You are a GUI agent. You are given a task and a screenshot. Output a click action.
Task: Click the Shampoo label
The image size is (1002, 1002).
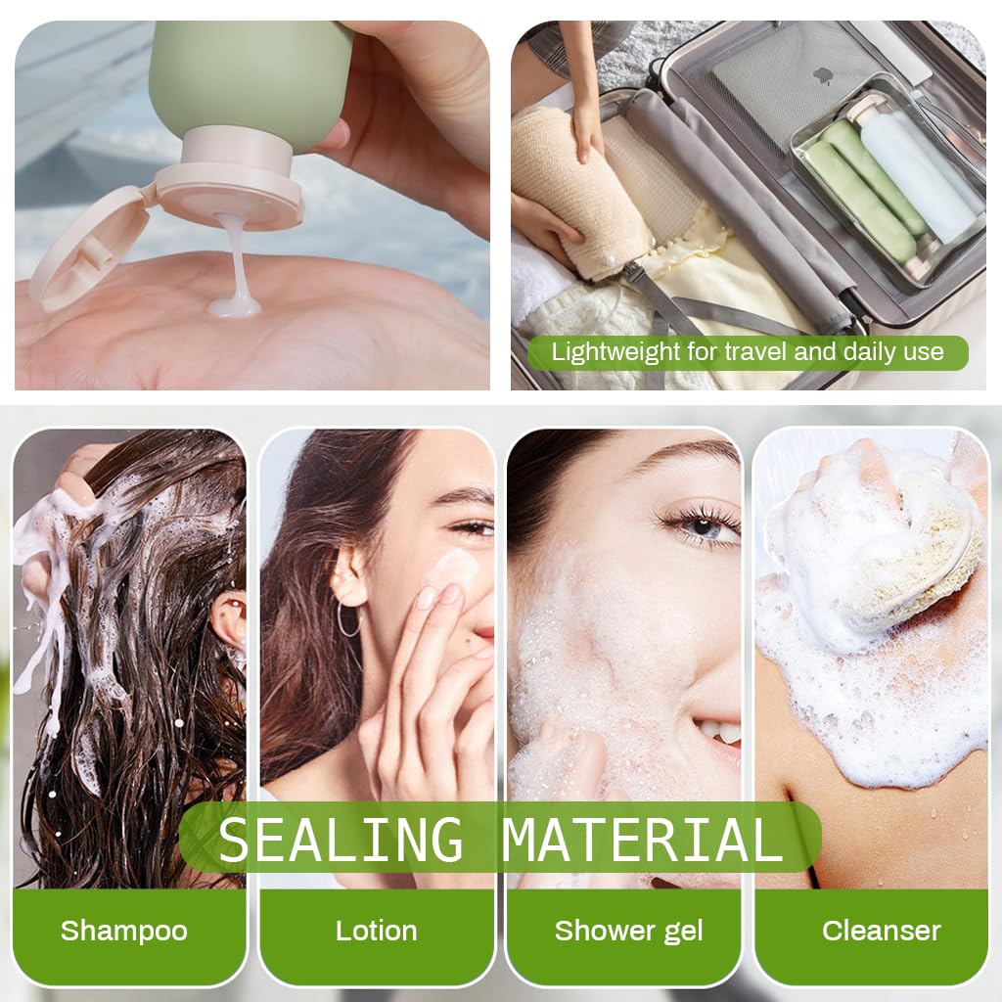[123, 930]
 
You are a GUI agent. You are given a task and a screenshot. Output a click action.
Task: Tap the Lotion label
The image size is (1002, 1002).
[376, 930]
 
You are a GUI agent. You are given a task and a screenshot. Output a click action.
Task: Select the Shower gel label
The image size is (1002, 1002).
[628, 930]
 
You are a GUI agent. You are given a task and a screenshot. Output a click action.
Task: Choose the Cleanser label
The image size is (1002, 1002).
[881, 930]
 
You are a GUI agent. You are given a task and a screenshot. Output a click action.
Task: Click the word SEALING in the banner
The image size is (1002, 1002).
[341, 840]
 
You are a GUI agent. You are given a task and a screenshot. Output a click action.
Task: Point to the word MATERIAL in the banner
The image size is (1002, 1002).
[643, 840]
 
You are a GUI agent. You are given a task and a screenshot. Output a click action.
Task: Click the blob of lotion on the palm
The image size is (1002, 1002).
[235, 307]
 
